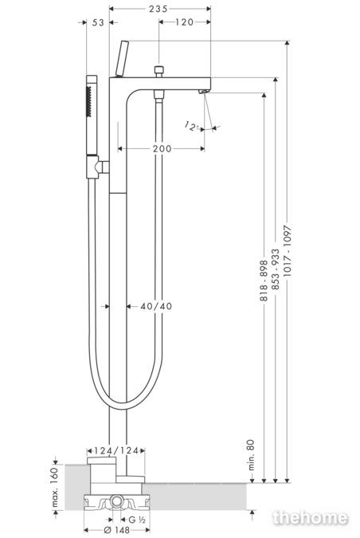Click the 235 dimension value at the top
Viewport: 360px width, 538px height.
point(158,9)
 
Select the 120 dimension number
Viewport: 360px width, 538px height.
point(185,22)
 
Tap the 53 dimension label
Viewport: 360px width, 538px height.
point(98,22)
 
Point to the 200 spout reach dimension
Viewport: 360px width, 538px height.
point(162,149)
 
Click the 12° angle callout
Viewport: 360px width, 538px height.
point(191,126)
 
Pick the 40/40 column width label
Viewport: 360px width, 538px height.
point(156,306)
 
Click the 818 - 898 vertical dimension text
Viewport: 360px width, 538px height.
point(264,281)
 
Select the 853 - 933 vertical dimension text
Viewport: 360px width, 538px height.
point(276,269)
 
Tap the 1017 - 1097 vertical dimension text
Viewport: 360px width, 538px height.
point(288,252)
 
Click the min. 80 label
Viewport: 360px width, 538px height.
point(252,455)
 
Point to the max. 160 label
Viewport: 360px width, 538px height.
point(54,487)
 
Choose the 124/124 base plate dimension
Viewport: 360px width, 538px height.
point(116,450)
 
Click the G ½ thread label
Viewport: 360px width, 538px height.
point(137,520)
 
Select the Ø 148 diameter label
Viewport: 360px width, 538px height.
point(116,531)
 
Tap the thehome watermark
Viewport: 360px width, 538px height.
point(311,518)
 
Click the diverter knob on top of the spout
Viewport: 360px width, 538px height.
point(158,72)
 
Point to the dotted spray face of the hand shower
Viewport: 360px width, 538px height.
point(88,102)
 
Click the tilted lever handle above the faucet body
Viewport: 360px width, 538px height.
point(122,59)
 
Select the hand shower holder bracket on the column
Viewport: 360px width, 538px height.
point(97,167)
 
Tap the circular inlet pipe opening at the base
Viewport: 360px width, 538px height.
point(116,501)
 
